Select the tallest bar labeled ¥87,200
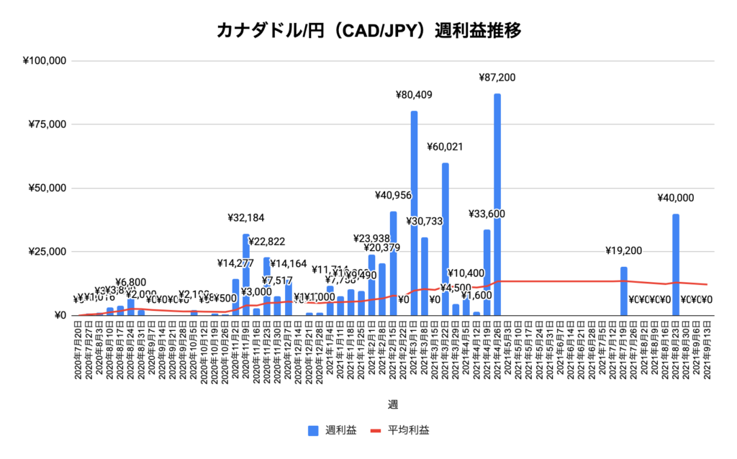[497, 204]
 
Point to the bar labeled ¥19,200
[623, 291]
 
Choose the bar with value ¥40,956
[393, 263]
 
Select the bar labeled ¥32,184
[246, 274]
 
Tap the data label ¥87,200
[497, 78]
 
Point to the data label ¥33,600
[487, 214]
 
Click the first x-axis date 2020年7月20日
[78, 352]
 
